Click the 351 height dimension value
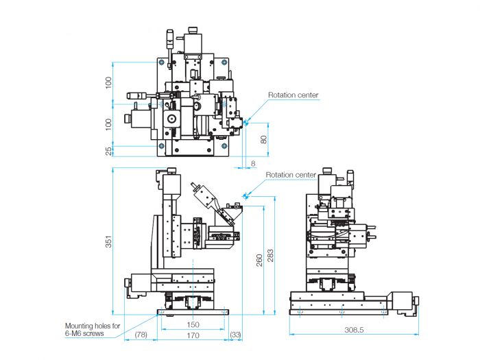coord(108,241)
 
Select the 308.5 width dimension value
coord(354,330)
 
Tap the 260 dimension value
coord(259,260)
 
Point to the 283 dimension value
coord(271,256)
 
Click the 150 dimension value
coord(193,324)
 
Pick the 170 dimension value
coord(193,335)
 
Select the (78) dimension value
coord(141,335)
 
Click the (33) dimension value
coord(235,335)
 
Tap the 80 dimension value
coord(263,139)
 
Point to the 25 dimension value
coord(108,152)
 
